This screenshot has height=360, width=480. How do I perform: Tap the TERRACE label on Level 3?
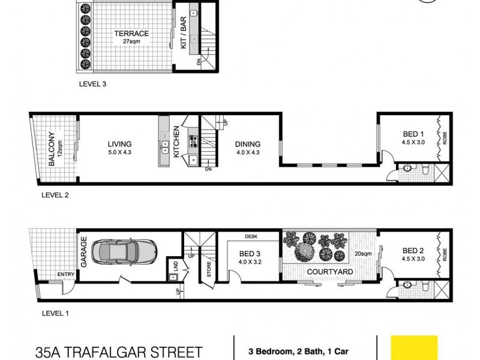[x=131, y=34]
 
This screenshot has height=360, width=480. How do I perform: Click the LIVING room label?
[x=119, y=144]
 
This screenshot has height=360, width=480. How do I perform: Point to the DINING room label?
[x=247, y=144]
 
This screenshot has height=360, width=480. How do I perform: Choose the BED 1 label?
[x=413, y=134]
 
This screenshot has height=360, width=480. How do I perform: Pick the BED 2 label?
[x=413, y=251]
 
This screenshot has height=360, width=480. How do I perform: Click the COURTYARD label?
[x=329, y=272]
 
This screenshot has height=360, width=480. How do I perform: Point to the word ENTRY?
[x=65, y=275]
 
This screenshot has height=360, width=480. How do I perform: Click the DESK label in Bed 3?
[x=251, y=236]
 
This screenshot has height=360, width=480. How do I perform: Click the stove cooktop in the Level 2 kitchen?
[x=194, y=142]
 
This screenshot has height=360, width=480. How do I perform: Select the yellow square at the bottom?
[x=414, y=348]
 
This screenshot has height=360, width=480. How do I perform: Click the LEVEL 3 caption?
[x=92, y=85]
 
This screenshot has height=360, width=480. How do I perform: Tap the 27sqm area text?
[x=131, y=42]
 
